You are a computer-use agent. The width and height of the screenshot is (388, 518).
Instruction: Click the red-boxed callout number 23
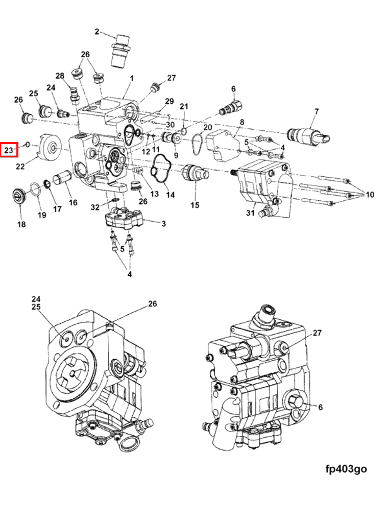8,150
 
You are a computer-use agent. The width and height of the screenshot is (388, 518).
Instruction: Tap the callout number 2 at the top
97,32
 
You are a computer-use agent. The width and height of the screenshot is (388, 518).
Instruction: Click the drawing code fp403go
346,469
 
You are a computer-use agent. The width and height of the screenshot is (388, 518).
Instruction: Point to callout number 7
317,111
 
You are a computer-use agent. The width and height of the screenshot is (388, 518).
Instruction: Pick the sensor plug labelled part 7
309,135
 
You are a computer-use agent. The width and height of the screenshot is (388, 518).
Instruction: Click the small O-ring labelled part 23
28,144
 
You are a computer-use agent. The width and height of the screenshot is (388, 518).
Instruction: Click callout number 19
41,215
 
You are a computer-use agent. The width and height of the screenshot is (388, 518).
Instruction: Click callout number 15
195,205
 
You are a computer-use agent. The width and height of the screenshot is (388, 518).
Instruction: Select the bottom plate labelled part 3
124,219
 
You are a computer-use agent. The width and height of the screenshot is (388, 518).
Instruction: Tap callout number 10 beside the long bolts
370,195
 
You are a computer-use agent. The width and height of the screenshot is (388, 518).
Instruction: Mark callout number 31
250,213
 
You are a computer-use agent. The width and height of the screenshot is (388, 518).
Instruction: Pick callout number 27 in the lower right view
317,333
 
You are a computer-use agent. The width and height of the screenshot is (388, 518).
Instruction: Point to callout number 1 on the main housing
132,78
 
